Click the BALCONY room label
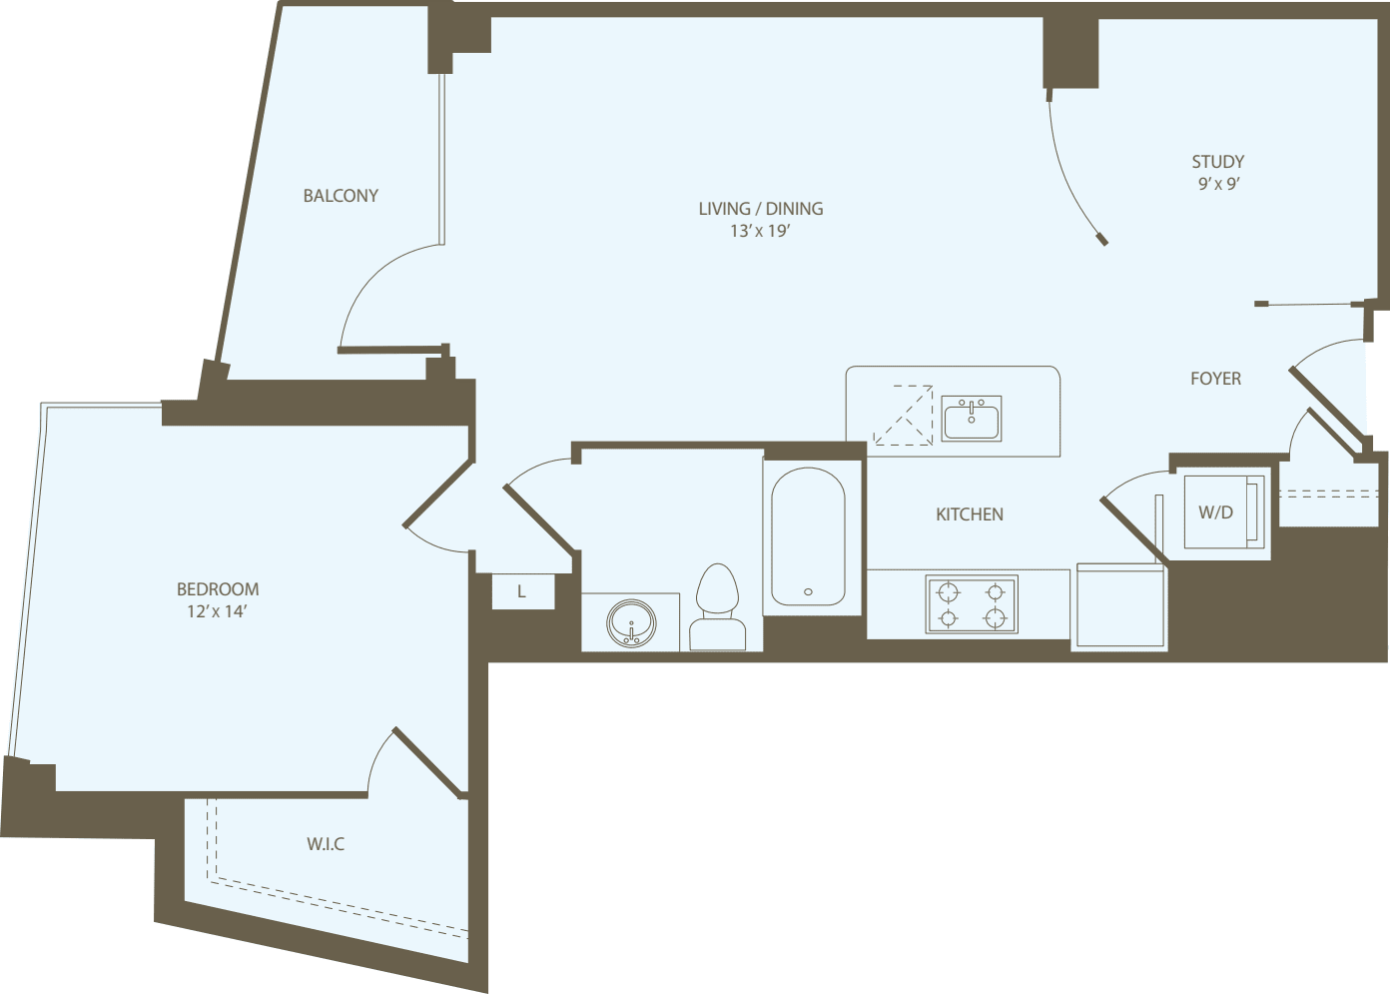pos(341,196)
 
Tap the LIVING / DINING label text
pos(761,209)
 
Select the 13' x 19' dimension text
pos(760,231)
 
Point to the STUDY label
pos(1217,162)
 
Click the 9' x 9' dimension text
pos(1218,184)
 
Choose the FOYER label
pos(1215,379)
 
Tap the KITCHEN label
pos(969,514)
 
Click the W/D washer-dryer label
pos(1215,512)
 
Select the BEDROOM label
pos(218,589)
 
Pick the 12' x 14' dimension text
pos(217,611)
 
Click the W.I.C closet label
pos(326,844)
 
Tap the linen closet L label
pos(521,591)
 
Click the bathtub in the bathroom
pos(808,537)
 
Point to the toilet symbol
pos(717,607)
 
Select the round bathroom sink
pos(631,623)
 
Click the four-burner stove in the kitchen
pos(972,604)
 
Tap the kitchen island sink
pos(972,418)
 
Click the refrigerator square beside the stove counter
pos(1119,606)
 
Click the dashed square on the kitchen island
pos(903,415)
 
